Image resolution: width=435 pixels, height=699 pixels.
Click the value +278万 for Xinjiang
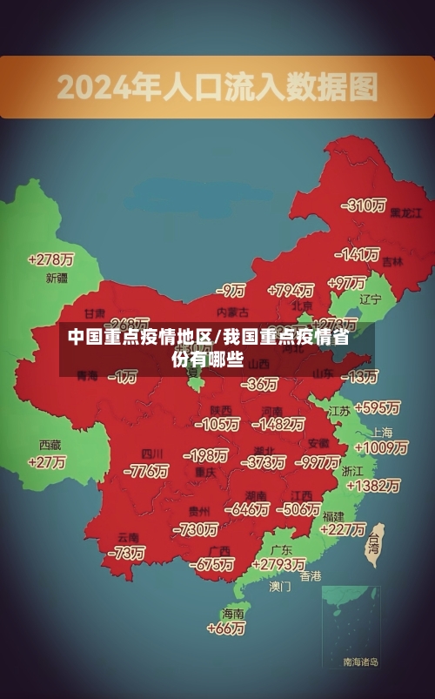coord(51,259)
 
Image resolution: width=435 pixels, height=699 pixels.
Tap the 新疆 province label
coord(56,279)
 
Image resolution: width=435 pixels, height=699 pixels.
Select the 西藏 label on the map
coord(50,444)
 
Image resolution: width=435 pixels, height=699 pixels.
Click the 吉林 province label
coord(392,260)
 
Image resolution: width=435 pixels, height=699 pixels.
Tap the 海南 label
coord(233,613)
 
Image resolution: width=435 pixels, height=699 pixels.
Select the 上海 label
coord(381,433)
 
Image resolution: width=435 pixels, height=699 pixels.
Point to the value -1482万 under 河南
coord(278,424)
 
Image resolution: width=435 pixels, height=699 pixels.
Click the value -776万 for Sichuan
coord(145,471)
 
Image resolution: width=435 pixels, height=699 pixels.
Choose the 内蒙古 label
coord(232,311)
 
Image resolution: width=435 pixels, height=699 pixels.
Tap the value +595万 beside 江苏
coord(377,407)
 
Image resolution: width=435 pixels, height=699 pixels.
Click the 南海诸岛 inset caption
coord(361,662)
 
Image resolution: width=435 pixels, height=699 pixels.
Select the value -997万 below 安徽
coord(316,461)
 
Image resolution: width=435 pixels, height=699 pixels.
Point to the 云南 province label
coord(128,536)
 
